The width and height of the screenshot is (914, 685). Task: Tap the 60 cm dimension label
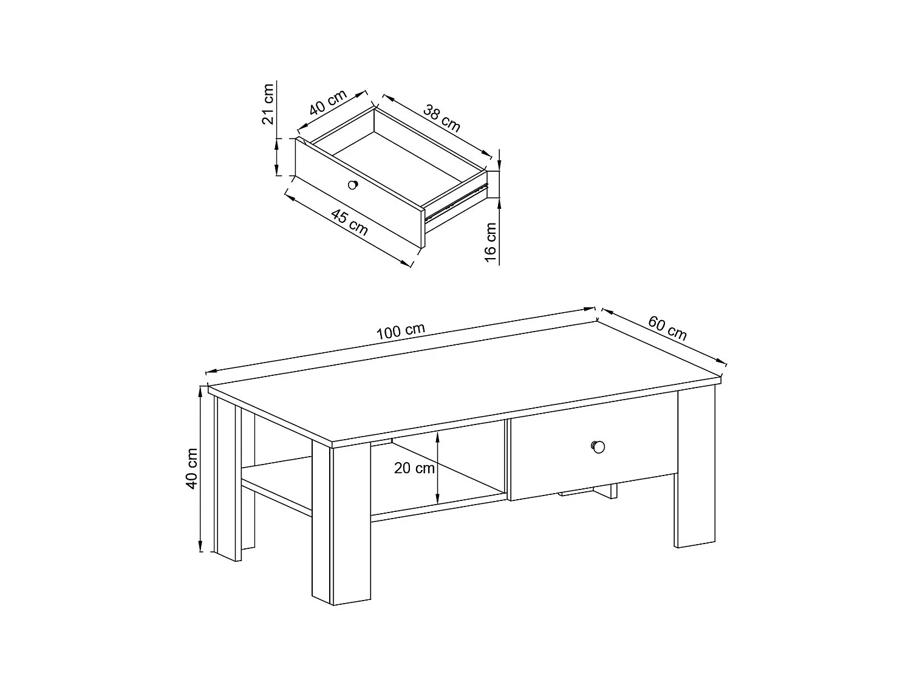[667, 328]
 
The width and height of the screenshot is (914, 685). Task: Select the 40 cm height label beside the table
[191, 468]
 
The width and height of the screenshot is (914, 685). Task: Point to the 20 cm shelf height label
[414, 468]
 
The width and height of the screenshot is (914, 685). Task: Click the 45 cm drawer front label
[349, 222]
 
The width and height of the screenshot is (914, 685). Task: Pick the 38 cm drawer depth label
[442, 118]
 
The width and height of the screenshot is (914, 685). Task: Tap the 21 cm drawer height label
[268, 104]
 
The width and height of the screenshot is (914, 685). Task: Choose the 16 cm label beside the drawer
[491, 242]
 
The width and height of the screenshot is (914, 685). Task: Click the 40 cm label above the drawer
[328, 102]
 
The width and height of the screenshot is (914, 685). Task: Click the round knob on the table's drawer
[598, 447]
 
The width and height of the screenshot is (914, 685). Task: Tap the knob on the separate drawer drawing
[353, 185]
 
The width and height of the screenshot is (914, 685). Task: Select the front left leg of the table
[341, 523]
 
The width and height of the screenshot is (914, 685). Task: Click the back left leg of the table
[228, 479]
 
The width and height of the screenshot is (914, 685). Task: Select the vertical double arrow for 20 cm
[437, 468]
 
